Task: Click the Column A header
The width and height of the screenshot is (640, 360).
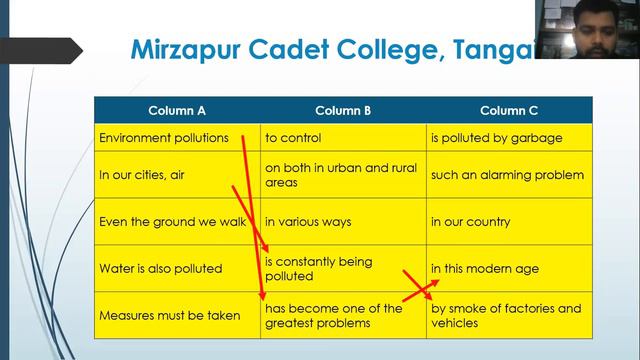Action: tap(177, 110)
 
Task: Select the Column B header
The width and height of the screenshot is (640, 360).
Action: tap(343, 110)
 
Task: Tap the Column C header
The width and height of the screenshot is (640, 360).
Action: tap(509, 110)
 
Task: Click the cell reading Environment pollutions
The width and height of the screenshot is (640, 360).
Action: tap(164, 138)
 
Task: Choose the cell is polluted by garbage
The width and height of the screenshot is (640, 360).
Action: tap(496, 138)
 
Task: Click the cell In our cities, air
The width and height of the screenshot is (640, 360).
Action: tap(142, 175)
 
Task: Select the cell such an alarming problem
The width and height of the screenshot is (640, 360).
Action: tap(507, 175)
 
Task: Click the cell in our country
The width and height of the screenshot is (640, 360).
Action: tap(470, 222)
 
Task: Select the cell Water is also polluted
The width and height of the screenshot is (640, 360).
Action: tap(160, 269)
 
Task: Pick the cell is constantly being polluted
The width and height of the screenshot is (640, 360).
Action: tap(318, 268)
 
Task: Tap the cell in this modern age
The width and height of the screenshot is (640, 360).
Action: tap(484, 269)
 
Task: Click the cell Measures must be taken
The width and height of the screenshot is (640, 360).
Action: tap(169, 316)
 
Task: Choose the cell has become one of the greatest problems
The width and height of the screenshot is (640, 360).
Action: tap(333, 315)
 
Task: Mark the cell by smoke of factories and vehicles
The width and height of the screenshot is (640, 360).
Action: tap(505, 315)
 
